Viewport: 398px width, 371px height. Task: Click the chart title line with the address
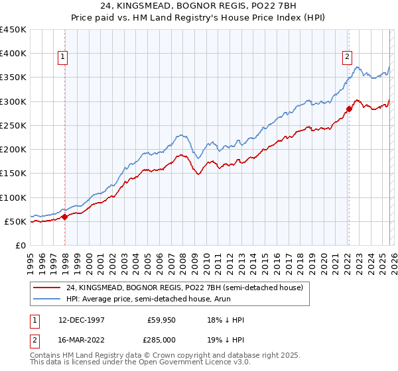tap(198, 6)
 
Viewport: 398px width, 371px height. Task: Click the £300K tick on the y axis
tap(13, 101)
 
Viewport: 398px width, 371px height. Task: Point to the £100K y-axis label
tap(13, 197)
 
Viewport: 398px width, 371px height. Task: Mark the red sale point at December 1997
tap(65, 216)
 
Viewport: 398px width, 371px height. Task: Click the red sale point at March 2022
tap(349, 109)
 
